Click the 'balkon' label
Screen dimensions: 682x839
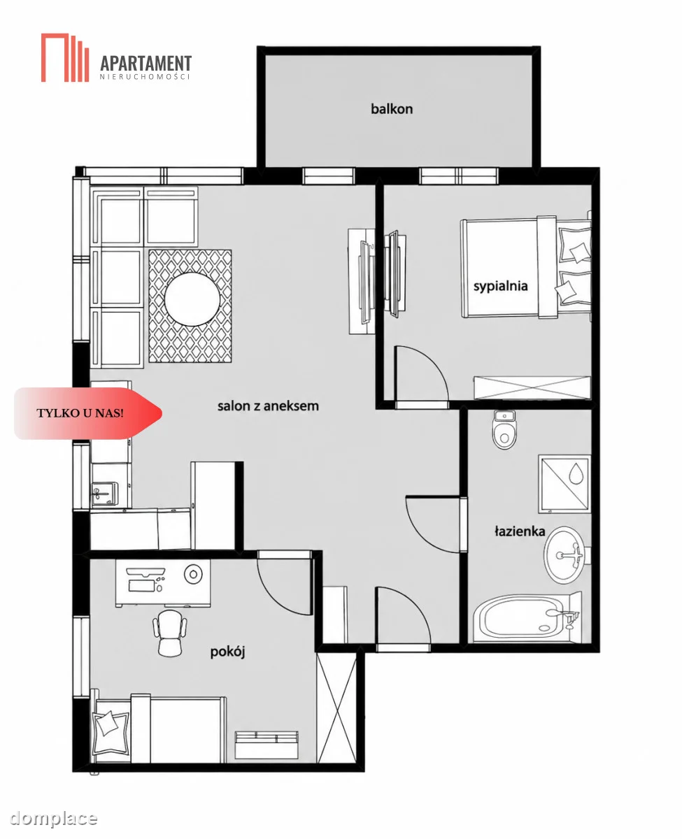[391, 108]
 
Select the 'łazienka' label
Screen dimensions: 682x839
[520, 531]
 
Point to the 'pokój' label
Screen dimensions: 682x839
[227, 652]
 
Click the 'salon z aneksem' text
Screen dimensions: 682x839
[268, 406]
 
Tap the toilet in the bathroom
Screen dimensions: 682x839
[504, 429]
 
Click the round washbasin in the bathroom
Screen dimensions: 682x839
[564, 555]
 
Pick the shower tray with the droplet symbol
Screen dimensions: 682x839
[564, 484]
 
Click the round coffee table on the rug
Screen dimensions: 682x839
[192, 299]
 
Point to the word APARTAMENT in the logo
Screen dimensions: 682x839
[145, 64]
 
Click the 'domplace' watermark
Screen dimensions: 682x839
[53, 819]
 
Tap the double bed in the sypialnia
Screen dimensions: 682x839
[525, 268]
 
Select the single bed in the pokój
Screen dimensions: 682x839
[158, 730]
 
